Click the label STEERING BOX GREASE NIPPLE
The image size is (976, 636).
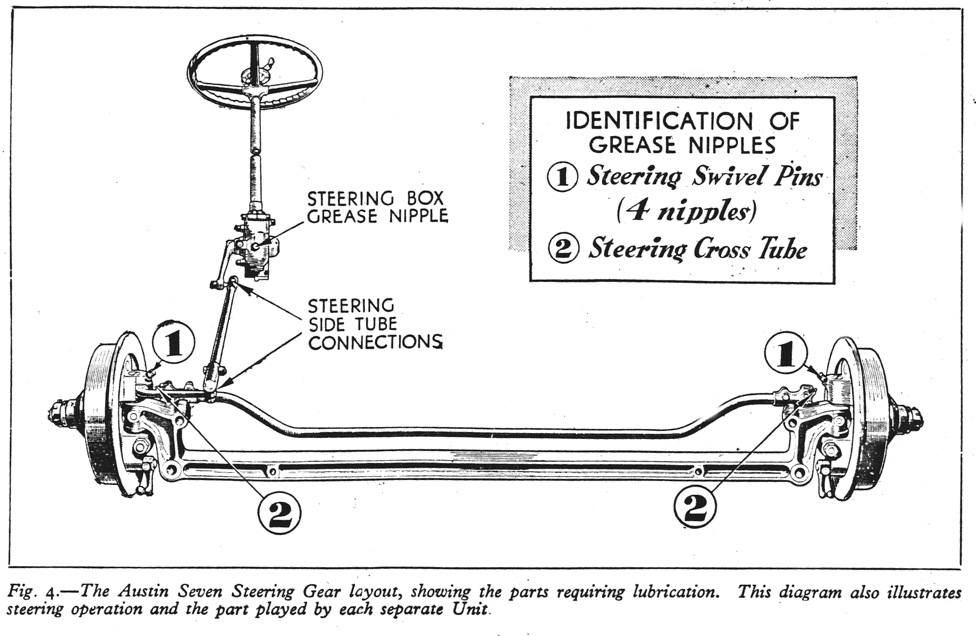pos(377,207)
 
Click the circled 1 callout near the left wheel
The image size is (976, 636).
pos(173,344)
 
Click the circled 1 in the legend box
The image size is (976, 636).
pos(562,177)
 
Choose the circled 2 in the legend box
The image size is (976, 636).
pos(564,249)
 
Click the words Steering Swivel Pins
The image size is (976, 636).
pos(704,176)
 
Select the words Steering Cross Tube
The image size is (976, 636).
pos(697,249)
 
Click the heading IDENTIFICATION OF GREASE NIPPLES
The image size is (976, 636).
pos(683,133)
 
